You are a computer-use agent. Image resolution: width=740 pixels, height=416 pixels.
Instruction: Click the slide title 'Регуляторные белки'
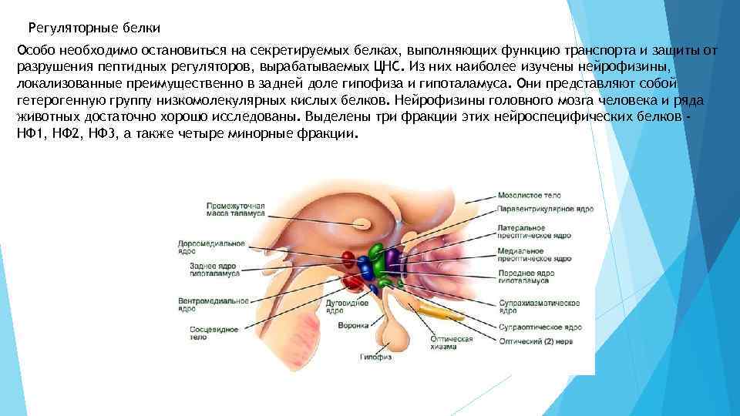[94, 29]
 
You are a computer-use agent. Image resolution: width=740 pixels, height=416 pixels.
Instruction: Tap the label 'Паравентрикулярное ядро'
[546, 208]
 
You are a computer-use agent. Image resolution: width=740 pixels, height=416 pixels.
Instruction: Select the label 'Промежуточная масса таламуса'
[236, 210]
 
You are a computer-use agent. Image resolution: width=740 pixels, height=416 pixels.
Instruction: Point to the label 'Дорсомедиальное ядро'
[211, 247]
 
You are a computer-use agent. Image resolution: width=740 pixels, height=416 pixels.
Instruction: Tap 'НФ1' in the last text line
[28, 133]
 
